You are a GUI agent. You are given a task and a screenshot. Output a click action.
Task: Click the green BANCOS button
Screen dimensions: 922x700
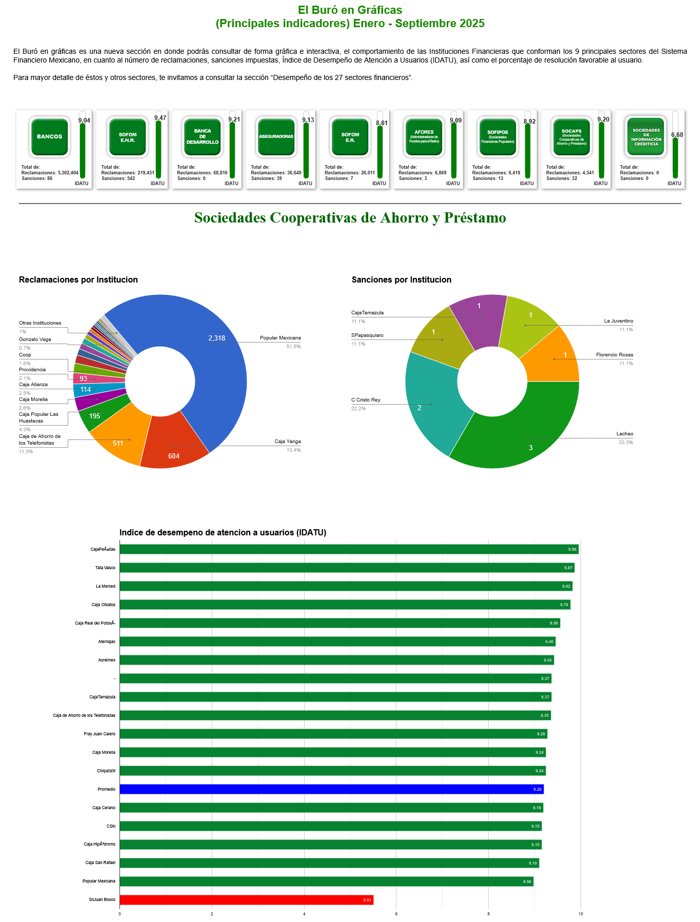[x=49, y=136]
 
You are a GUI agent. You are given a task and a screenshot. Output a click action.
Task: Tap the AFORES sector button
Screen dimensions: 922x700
[x=424, y=136]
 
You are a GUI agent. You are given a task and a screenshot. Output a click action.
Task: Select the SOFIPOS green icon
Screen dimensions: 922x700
[x=497, y=136]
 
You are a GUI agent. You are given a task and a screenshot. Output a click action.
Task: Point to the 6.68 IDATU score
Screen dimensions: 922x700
[x=677, y=135]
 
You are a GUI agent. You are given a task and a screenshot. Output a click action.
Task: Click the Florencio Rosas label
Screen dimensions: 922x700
[x=614, y=355]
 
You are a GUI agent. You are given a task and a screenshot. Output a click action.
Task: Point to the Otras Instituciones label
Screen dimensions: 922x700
[x=40, y=323]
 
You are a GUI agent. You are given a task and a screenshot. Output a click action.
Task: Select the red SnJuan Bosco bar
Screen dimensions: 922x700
[x=246, y=899]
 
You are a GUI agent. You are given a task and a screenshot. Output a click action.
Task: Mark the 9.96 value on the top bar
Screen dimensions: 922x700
[x=572, y=549]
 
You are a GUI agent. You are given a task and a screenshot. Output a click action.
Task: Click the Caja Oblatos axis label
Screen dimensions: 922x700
[x=104, y=605]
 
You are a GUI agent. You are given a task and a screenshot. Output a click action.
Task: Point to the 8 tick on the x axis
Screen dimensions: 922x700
[x=488, y=914]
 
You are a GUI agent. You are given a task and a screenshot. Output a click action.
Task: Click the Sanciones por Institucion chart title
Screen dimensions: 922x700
[x=402, y=279]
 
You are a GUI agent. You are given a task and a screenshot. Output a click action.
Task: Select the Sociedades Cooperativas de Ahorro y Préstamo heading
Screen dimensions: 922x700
[x=350, y=217]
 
